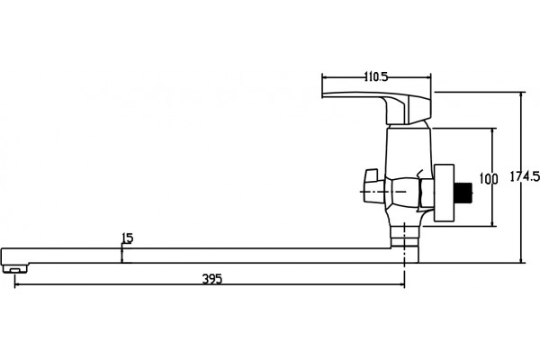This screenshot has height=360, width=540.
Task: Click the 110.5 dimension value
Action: pos(376,76)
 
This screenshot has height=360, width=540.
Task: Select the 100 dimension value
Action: pos(489,179)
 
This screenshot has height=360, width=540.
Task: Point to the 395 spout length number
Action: pos(212,279)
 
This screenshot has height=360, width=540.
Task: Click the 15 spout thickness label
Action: pos(127,238)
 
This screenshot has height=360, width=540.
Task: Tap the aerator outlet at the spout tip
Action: pos(15,268)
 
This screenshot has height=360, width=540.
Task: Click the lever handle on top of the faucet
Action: pos(376,107)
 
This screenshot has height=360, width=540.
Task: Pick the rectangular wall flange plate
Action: pos(444,193)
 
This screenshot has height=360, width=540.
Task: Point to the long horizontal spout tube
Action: pos(196,256)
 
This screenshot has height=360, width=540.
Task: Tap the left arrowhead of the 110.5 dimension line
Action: pos(325,77)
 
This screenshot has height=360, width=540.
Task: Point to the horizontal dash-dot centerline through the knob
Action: pos(383,192)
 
